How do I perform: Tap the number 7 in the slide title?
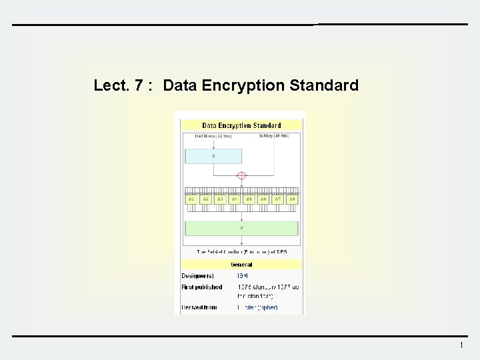click(x=139, y=85)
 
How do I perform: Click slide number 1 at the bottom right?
click(x=461, y=345)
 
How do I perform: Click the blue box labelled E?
click(x=213, y=156)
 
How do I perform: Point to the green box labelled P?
click(x=241, y=228)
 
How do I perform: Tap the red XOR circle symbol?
click(x=242, y=176)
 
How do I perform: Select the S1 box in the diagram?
click(x=191, y=199)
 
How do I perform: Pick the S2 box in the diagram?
click(x=206, y=199)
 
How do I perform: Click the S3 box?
click(x=220, y=199)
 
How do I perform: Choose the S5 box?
click(x=249, y=199)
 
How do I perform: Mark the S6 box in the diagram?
click(x=263, y=199)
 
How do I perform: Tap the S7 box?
click(x=277, y=199)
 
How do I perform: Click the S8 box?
click(x=292, y=199)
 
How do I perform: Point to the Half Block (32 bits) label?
click(x=213, y=136)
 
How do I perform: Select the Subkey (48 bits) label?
click(x=274, y=136)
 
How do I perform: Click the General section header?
click(x=241, y=265)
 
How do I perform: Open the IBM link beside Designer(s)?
click(x=242, y=275)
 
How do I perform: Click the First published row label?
click(x=202, y=287)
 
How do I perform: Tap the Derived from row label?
click(x=200, y=308)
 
